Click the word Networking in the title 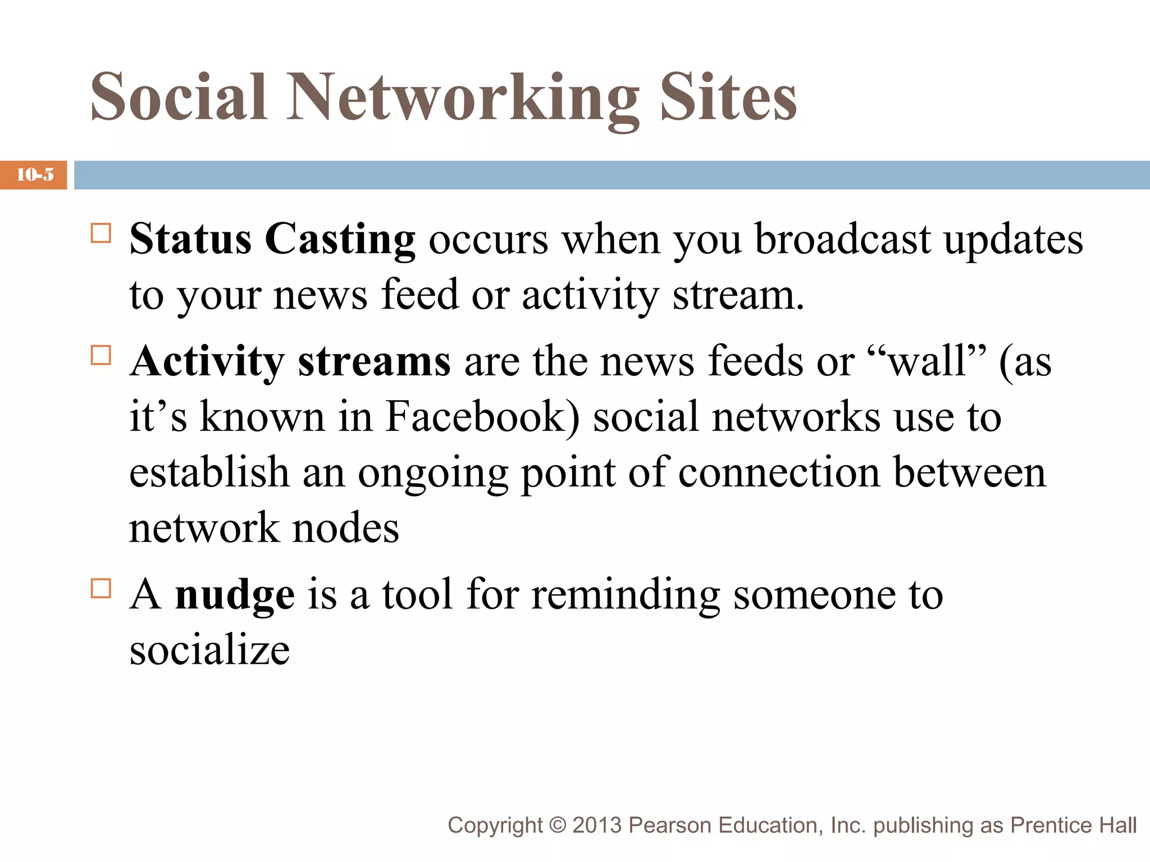(x=463, y=98)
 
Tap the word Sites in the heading (x=728, y=98)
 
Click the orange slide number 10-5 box (x=34, y=175)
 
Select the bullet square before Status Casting (x=101, y=233)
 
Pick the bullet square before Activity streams (x=101, y=355)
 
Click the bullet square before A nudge (x=101, y=589)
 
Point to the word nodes (x=346, y=529)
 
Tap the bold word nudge (x=234, y=595)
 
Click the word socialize (x=209, y=651)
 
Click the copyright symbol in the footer (x=557, y=826)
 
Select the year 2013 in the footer (x=597, y=826)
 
